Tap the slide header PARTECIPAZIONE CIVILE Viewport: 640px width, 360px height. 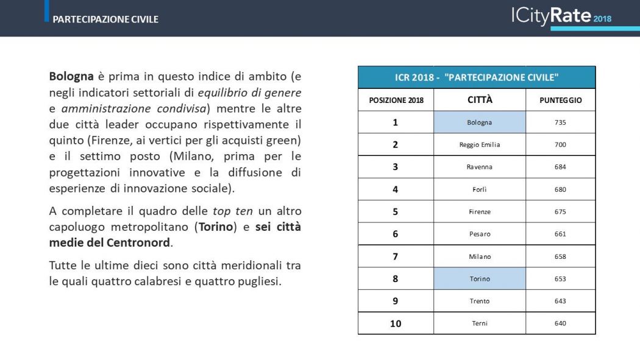click(105, 19)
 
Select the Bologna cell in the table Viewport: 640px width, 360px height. click(479, 122)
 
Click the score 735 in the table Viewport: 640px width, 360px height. click(560, 122)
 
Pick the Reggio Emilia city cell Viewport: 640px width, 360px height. click(479, 145)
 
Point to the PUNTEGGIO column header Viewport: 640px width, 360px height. click(560, 100)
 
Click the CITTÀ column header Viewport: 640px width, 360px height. click(479, 99)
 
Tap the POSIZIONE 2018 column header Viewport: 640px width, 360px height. click(396, 100)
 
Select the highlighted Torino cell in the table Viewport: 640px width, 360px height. click(479, 279)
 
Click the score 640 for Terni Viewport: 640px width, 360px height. click(560, 323)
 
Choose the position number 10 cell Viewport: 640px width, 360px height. click(396, 323)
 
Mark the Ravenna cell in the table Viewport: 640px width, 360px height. click(479, 167)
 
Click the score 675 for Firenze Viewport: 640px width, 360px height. click(560, 212)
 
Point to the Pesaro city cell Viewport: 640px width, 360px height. click(479, 234)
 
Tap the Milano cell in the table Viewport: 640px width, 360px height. click(479, 256)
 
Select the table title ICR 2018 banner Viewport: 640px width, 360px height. click(476, 77)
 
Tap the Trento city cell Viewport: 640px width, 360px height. click(479, 301)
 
